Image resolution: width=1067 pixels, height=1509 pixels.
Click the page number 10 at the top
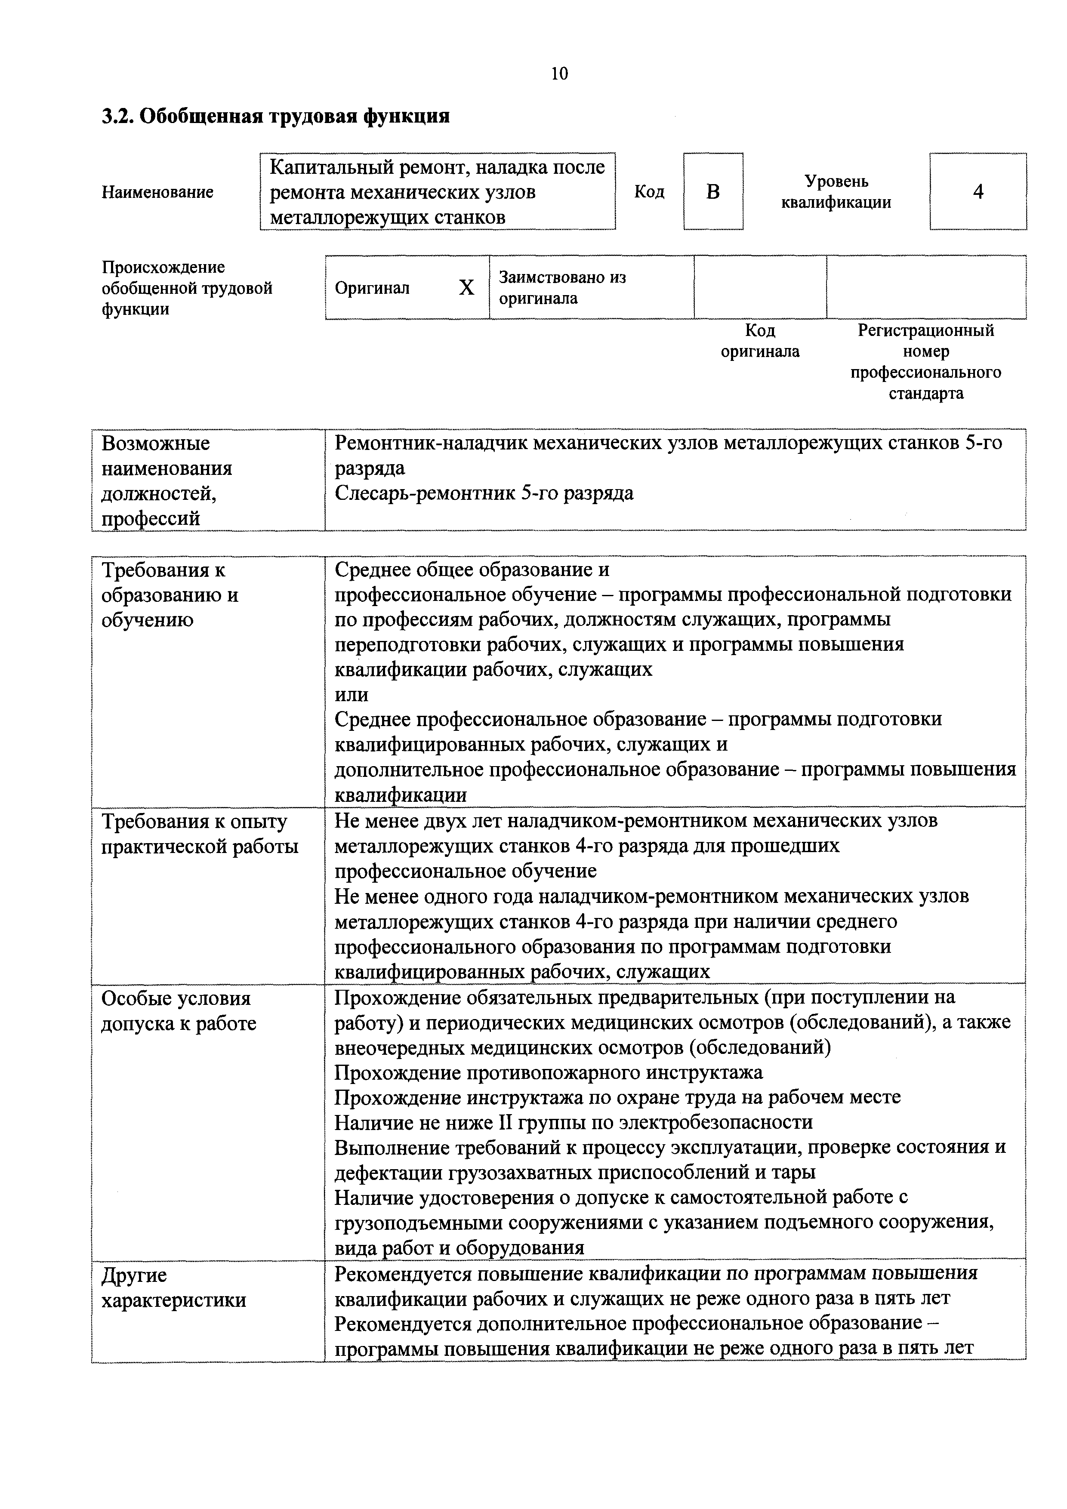(559, 74)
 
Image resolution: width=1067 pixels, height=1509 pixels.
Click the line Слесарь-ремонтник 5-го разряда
(484, 493)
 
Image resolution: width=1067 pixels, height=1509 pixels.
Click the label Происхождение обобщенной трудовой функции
(187, 288)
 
